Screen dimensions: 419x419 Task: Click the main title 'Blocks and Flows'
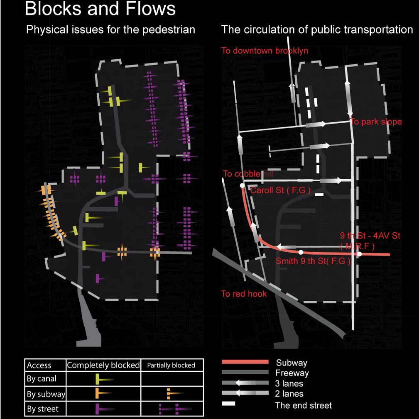pyautogui.click(x=100, y=9)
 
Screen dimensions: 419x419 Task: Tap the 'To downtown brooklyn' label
pyautogui.click(x=265, y=51)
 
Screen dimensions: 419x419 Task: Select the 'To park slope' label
pyautogui.click(x=376, y=122)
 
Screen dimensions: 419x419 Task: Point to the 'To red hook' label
pyautogui.click(x=244, y=294)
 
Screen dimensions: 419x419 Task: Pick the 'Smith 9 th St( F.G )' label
pyautogui.click(x=313, y=261)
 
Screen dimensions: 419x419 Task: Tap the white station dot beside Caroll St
pyautogui.click(x=242, y=185)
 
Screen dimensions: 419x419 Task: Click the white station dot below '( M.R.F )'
pyautogui.click(x=360, y=254)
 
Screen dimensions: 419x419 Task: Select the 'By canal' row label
pyautogui.click(x=42, y=379)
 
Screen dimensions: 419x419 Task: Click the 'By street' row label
pyautogui.click(x=43, y=409)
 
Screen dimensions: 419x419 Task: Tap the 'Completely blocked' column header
pyautogui.click(x=103, y=365)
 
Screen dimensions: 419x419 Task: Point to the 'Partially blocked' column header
pyautogui.click(x=171, y=365)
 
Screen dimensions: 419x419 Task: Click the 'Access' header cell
pyautogui.click(x=39, y=365)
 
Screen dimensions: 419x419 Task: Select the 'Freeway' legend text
pyautogui.click(x=292, y=373)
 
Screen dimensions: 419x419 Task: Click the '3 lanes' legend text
pyautogui.click(x=289, y=383)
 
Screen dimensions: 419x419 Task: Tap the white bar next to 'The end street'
pyautogui.click(x=229, y=404)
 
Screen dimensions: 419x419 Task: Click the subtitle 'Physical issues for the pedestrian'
pyautogui.click(x=110, y=30)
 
